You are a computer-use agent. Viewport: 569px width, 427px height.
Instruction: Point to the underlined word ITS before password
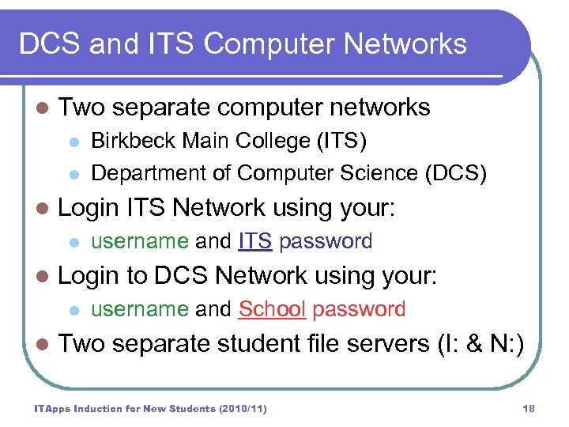[255, 241]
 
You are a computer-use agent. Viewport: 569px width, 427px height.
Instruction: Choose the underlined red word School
[272, 309]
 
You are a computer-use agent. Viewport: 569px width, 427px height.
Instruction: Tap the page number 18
[529, 408]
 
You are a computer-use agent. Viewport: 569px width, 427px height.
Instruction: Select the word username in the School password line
[140, 309]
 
